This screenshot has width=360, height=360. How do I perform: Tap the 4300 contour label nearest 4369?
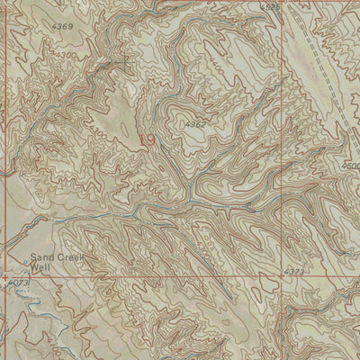point(65,56)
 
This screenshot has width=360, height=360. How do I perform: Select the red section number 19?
point(147,139)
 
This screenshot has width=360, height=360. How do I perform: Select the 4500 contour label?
point(352,166)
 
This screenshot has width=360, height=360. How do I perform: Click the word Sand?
point(41,256)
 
